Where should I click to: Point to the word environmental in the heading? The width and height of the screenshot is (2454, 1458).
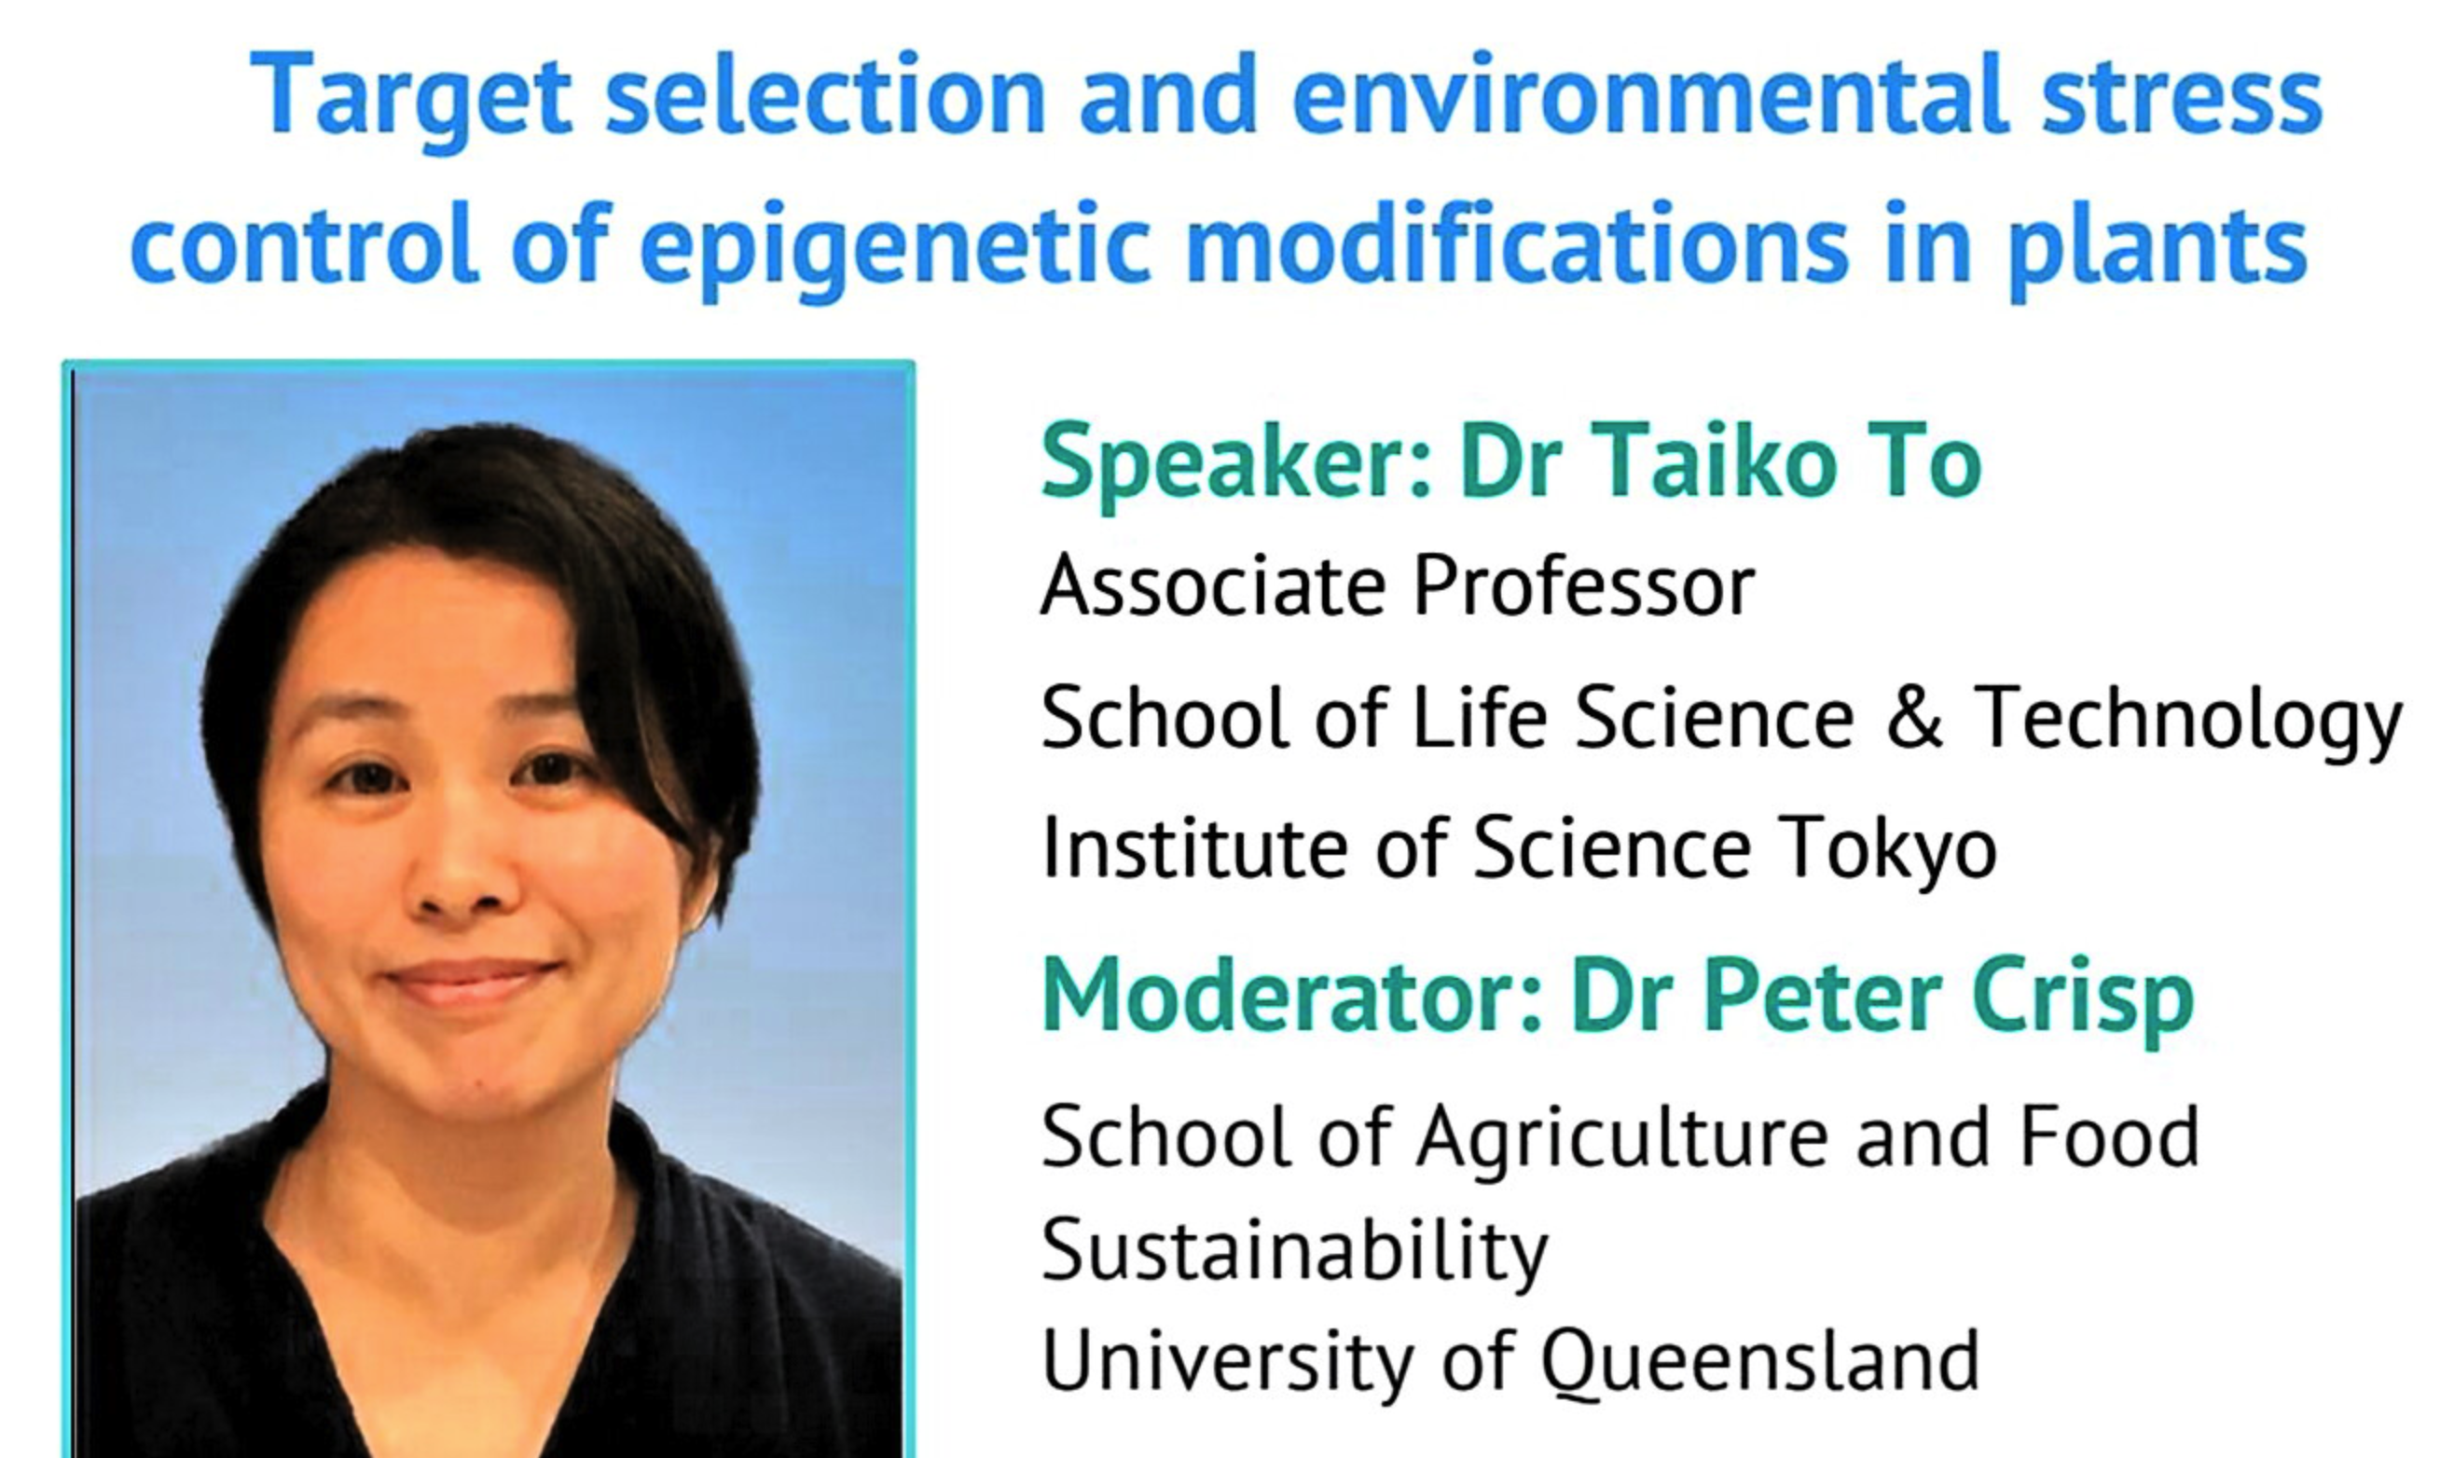click(1649, 96)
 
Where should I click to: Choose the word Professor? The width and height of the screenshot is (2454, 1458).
click(1583, 586)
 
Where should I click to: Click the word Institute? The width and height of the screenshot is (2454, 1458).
click(1194, 846)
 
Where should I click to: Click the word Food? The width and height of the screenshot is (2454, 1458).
click(2109, 1136)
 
